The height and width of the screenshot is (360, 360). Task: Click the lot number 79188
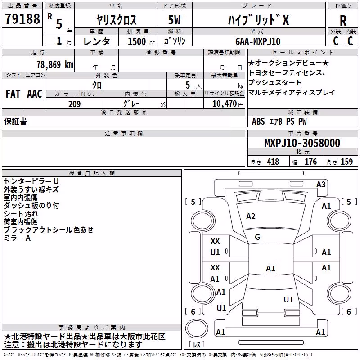(x=22, y=18)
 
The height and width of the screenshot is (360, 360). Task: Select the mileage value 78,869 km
(x=55, y=65)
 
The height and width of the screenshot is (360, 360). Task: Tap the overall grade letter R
(x=343, y=21)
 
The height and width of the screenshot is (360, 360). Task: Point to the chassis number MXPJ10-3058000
(x=302, y=143)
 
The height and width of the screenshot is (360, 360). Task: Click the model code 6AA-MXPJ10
(x=258, y=41)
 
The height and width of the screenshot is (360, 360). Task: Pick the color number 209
(x=75, y=104)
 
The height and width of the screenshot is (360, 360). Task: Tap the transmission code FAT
(x=13, y=94)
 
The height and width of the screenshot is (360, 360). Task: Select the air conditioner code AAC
(x=35, y=94)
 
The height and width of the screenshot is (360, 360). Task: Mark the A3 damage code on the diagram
(x=321, y=184)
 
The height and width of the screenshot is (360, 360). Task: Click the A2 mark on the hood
(x=251, y=216)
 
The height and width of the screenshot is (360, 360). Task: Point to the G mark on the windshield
(x=257, y=237)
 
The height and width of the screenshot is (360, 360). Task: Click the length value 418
(x=273, y=162)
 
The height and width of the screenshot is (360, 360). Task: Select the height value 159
(x=346, y=162)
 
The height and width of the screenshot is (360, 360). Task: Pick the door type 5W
(x=174, y=20)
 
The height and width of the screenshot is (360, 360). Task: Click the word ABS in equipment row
(x=258, y=121)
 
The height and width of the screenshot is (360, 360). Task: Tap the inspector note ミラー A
(x=17, y=238)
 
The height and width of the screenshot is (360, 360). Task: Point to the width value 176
(x=311, y=162)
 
